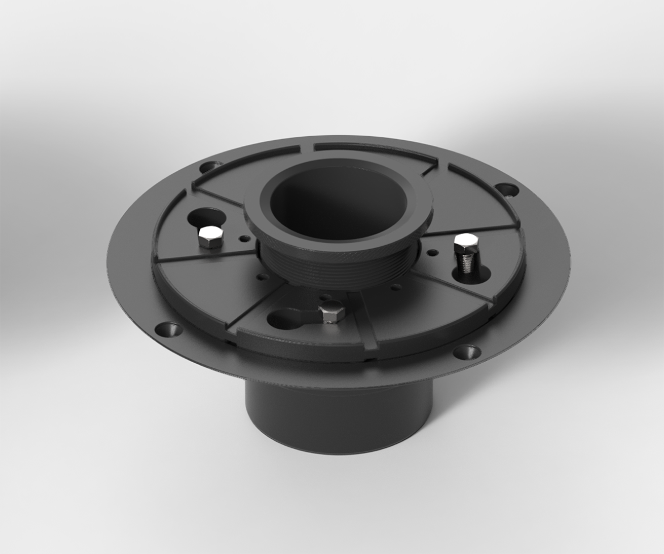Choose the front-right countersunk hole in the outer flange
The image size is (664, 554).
pos(467,352)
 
